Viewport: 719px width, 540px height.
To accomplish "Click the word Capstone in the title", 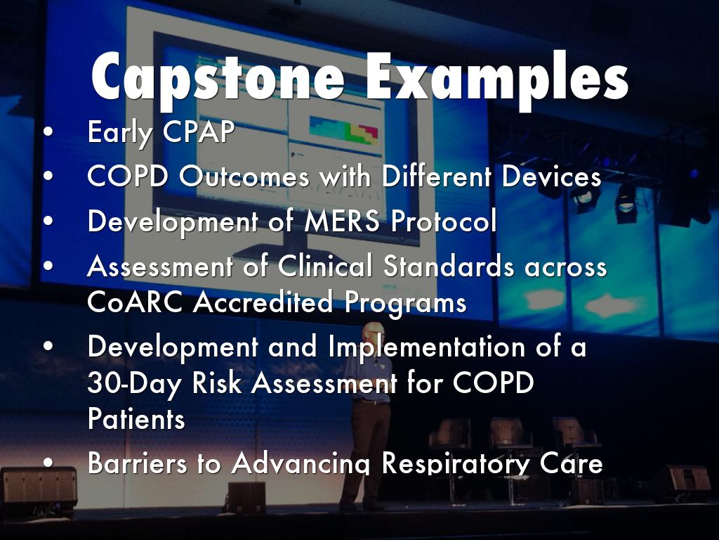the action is [x=218, y=77].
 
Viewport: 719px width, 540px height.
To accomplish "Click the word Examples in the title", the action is [x=497, y=77].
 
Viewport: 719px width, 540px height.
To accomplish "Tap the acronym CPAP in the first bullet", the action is [x=199, y=131].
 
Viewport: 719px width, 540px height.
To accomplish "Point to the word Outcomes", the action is [x=244, y=176].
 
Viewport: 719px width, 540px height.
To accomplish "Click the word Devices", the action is [x=551, y=176].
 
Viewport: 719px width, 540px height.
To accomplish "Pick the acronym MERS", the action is [x=342, y=221].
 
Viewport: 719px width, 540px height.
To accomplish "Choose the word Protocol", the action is [x=444, y=221].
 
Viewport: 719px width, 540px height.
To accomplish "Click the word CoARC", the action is [x=135, y=302].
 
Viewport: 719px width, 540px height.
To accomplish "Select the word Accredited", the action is [x=263, y=302].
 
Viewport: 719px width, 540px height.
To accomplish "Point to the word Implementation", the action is [x=426, y=347].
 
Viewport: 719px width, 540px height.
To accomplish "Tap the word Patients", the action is [x=136, y=418].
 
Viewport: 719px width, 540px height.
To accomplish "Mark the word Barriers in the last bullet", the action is [x=137, y=463].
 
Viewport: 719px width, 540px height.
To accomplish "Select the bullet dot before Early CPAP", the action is [x=48, y=131].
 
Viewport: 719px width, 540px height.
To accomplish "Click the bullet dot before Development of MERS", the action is [x=48, y=221].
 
